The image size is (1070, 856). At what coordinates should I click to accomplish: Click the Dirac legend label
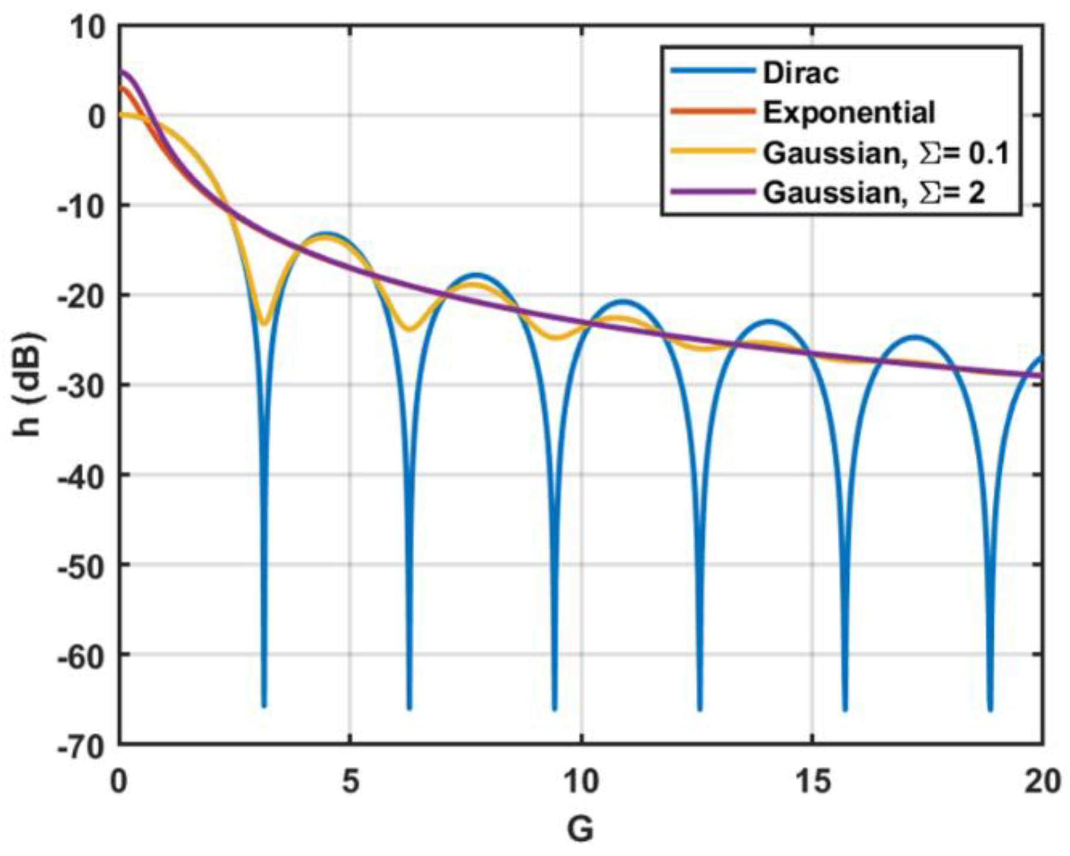click(801, 73)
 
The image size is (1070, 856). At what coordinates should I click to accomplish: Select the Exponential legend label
click(849, 112)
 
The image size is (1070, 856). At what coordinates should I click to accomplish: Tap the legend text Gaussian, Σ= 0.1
click(886, 153)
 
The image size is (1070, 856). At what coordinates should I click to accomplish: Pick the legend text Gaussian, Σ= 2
click(874, 192)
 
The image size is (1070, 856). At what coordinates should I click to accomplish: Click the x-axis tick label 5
click(351, 783)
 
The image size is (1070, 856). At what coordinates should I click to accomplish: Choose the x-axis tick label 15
click(812, 783)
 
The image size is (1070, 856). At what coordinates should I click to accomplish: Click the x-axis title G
click(581, 830)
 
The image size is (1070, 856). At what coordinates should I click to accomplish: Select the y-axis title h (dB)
click(28, 385)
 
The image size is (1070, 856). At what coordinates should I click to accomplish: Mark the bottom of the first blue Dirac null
click(264, 705)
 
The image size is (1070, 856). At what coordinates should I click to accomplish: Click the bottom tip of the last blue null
click(991, 710)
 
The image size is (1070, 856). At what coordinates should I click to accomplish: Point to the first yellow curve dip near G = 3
click(265, 323)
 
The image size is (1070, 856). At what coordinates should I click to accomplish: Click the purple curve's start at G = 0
click(121, 71)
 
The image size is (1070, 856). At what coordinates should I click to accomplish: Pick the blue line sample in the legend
click(712, 71)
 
